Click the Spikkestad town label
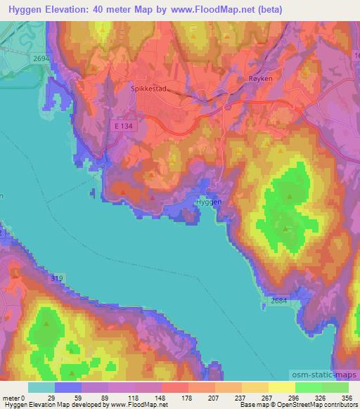point(147,89)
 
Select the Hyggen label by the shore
point(207,202)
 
